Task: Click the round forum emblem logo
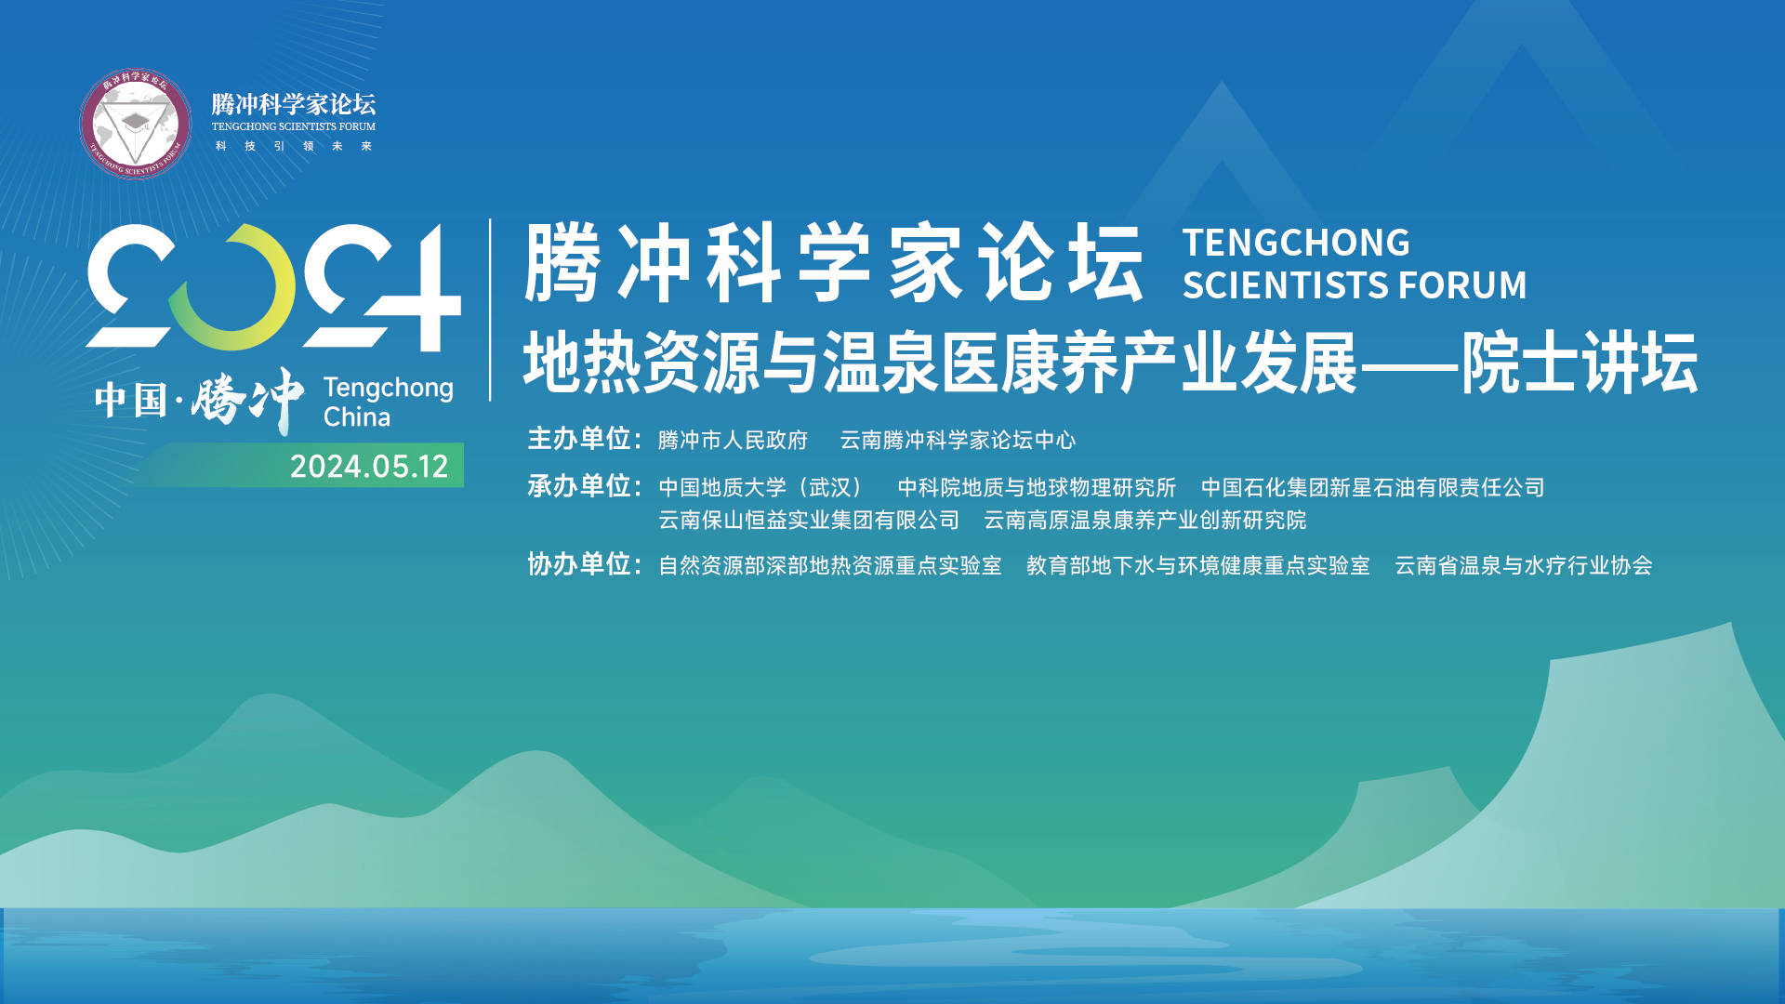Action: click(136, 124)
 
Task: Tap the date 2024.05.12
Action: click(369, 466)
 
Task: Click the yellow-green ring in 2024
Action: click(231, 287)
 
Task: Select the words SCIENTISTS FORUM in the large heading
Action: click(1355, 285)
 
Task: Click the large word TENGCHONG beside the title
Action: click(1296, 243)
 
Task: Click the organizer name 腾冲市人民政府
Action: click(733, 440)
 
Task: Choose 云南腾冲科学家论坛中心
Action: click(958, 440)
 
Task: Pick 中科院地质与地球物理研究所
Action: click(1037, 487)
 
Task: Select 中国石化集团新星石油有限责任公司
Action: click(1372, 487)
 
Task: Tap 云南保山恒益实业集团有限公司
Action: click(809, 520)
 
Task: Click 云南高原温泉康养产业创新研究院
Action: click(1144, 520)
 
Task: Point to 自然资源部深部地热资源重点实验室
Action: click(829, 565)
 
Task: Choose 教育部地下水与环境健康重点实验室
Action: click(1197, 565)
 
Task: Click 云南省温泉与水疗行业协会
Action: click(1523, 565)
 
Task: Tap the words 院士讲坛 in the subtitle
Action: click(1580, 363)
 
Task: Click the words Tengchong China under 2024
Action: click(388, 403)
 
